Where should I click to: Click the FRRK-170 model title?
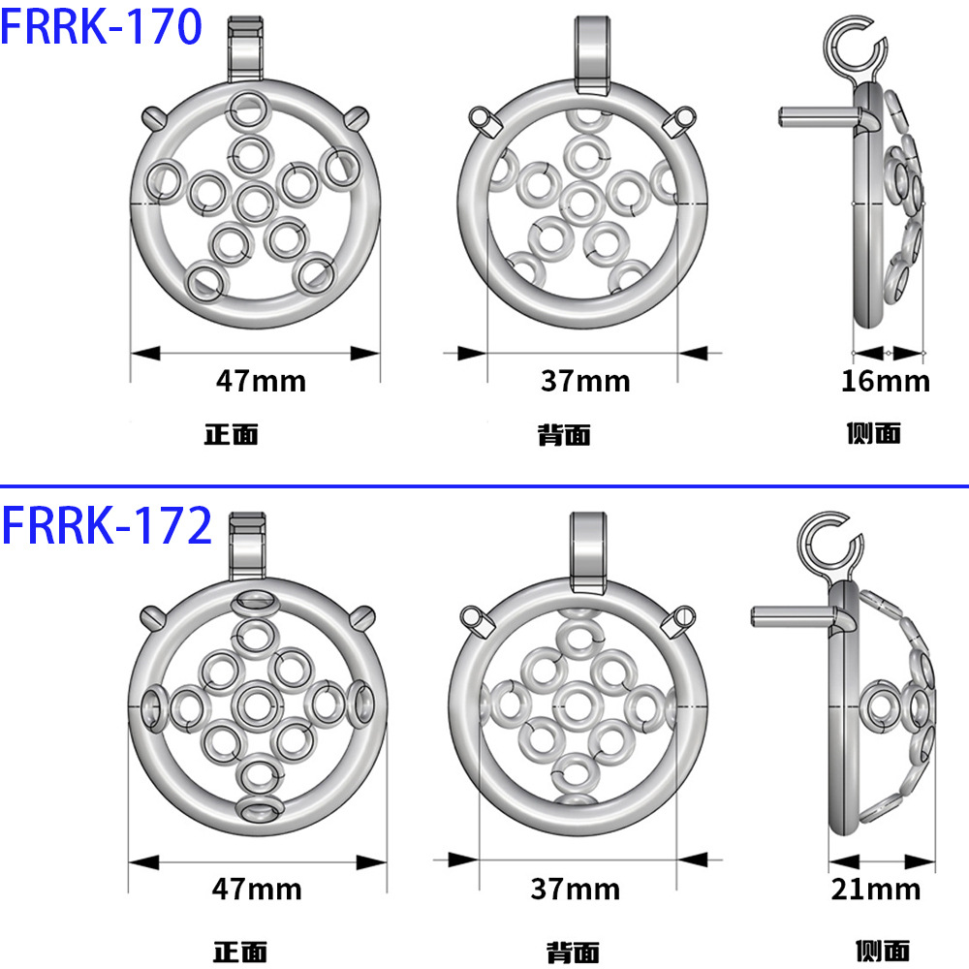click(x=102, y=27)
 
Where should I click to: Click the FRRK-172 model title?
click(x=107, y=526)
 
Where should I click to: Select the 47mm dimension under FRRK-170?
click(x=260, y=381)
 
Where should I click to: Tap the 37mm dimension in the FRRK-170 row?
click(x=584, y=381)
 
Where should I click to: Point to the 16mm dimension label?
click(x=885, y=381)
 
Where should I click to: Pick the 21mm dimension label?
click(x=876, y=888)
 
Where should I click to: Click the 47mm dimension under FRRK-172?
click(x=257, y=888)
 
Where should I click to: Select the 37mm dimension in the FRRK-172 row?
click(x=575, y=888)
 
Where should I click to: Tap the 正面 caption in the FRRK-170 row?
click(x=231, y=434)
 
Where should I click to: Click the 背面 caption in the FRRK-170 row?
click(x=564, y=435)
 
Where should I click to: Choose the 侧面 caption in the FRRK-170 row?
click(x=873, y=433)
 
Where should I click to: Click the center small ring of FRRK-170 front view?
click(x=254, y=202)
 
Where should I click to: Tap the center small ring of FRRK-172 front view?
click(x=258, y=704)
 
